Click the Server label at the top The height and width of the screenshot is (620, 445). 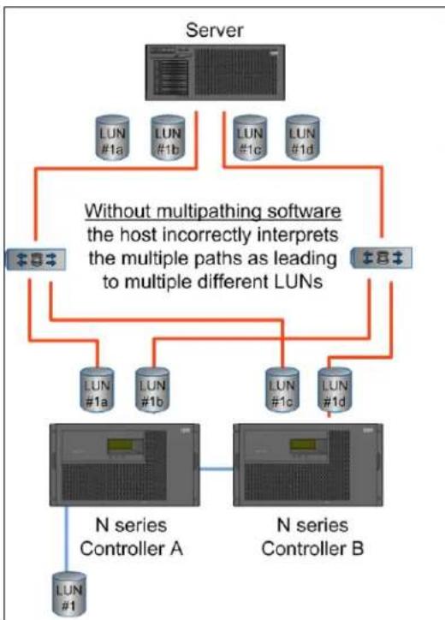(214, 31)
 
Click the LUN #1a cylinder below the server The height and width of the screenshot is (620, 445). (113, 138)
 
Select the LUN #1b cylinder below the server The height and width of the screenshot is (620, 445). (168, 138)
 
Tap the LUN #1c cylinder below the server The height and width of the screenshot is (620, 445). (250, 138)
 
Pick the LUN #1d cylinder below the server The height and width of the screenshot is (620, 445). (302, 138)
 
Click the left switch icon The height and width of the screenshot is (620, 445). (36, 259)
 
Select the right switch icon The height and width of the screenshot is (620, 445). (382, 258)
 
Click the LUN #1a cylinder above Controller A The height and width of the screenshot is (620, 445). (97, 390)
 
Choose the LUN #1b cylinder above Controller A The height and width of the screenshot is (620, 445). (152, 390)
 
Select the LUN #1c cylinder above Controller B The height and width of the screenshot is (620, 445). (282, 390)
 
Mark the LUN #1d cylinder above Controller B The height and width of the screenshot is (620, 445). (335, 390)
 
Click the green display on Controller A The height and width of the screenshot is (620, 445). (121, 445)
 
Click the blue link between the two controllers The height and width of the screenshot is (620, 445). (217, 469)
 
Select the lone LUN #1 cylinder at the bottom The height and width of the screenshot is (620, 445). (69, 595)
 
